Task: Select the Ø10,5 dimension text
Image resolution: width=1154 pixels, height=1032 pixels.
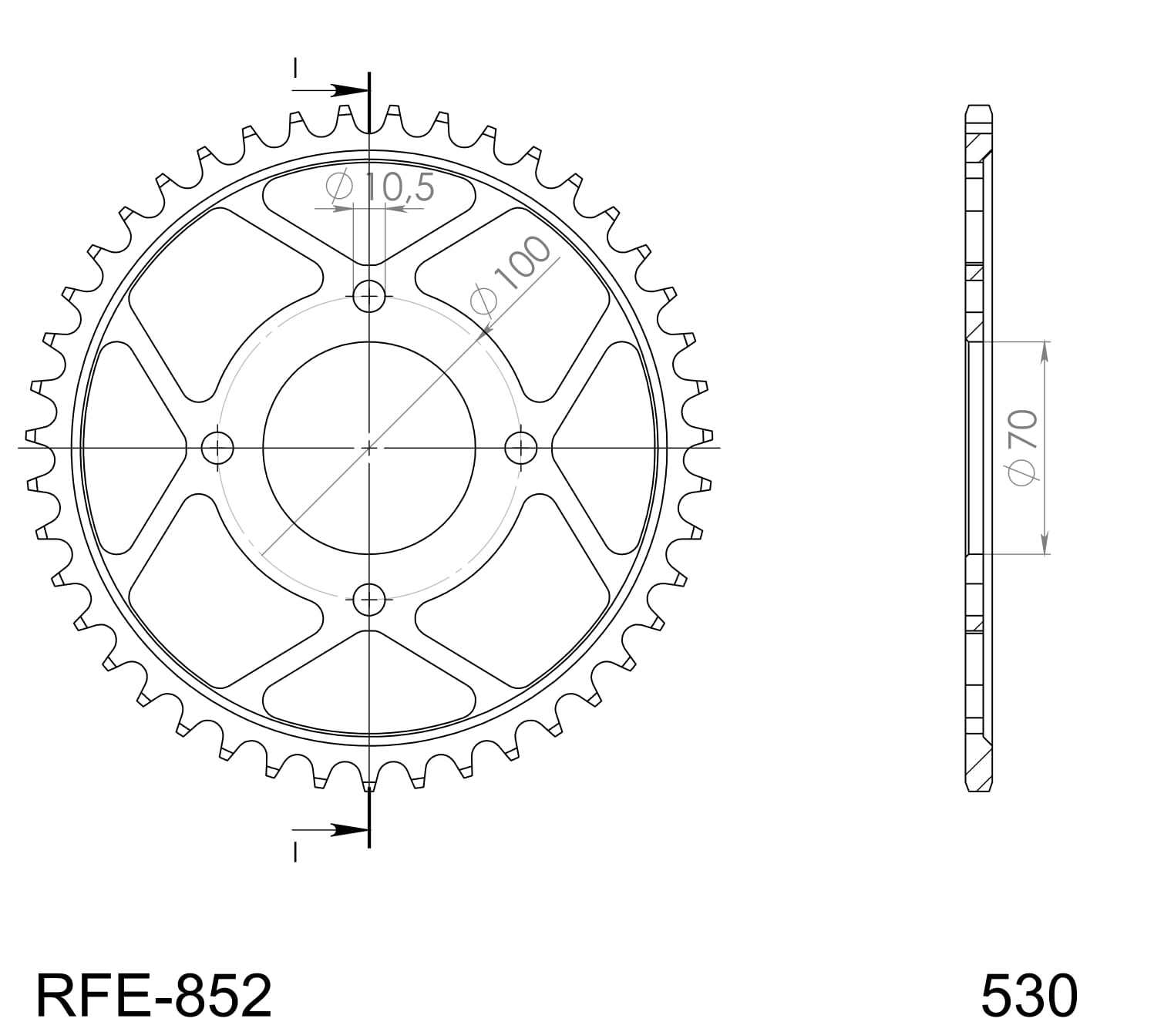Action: click(381, 188)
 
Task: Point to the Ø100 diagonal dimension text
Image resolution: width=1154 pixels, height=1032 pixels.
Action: click(513, 275)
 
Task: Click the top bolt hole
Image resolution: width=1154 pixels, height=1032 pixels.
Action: click(369, 295)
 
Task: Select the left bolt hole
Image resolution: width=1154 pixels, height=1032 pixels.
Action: click(217, 447)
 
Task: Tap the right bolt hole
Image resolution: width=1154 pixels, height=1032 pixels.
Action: click(521, 447)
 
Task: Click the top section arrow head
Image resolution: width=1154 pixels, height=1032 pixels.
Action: click(351, 90)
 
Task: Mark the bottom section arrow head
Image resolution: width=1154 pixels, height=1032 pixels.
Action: click(351, 830)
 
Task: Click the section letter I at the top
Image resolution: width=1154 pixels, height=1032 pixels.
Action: click(294, 69)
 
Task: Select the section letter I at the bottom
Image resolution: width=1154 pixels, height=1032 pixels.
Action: click(294, 851)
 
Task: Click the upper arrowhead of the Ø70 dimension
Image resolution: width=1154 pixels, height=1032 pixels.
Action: click(1045, 351)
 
